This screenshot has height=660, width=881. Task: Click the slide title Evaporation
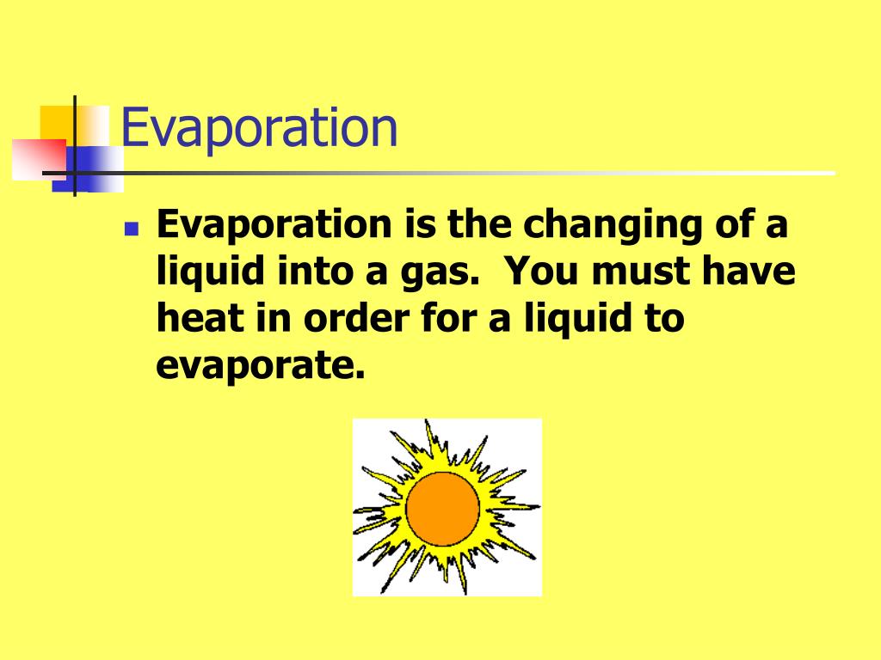point(259,128)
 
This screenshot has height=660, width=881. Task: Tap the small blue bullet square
point(131,229)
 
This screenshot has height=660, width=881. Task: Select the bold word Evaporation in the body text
point(273,226)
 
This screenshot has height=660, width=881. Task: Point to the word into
point(299,272)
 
